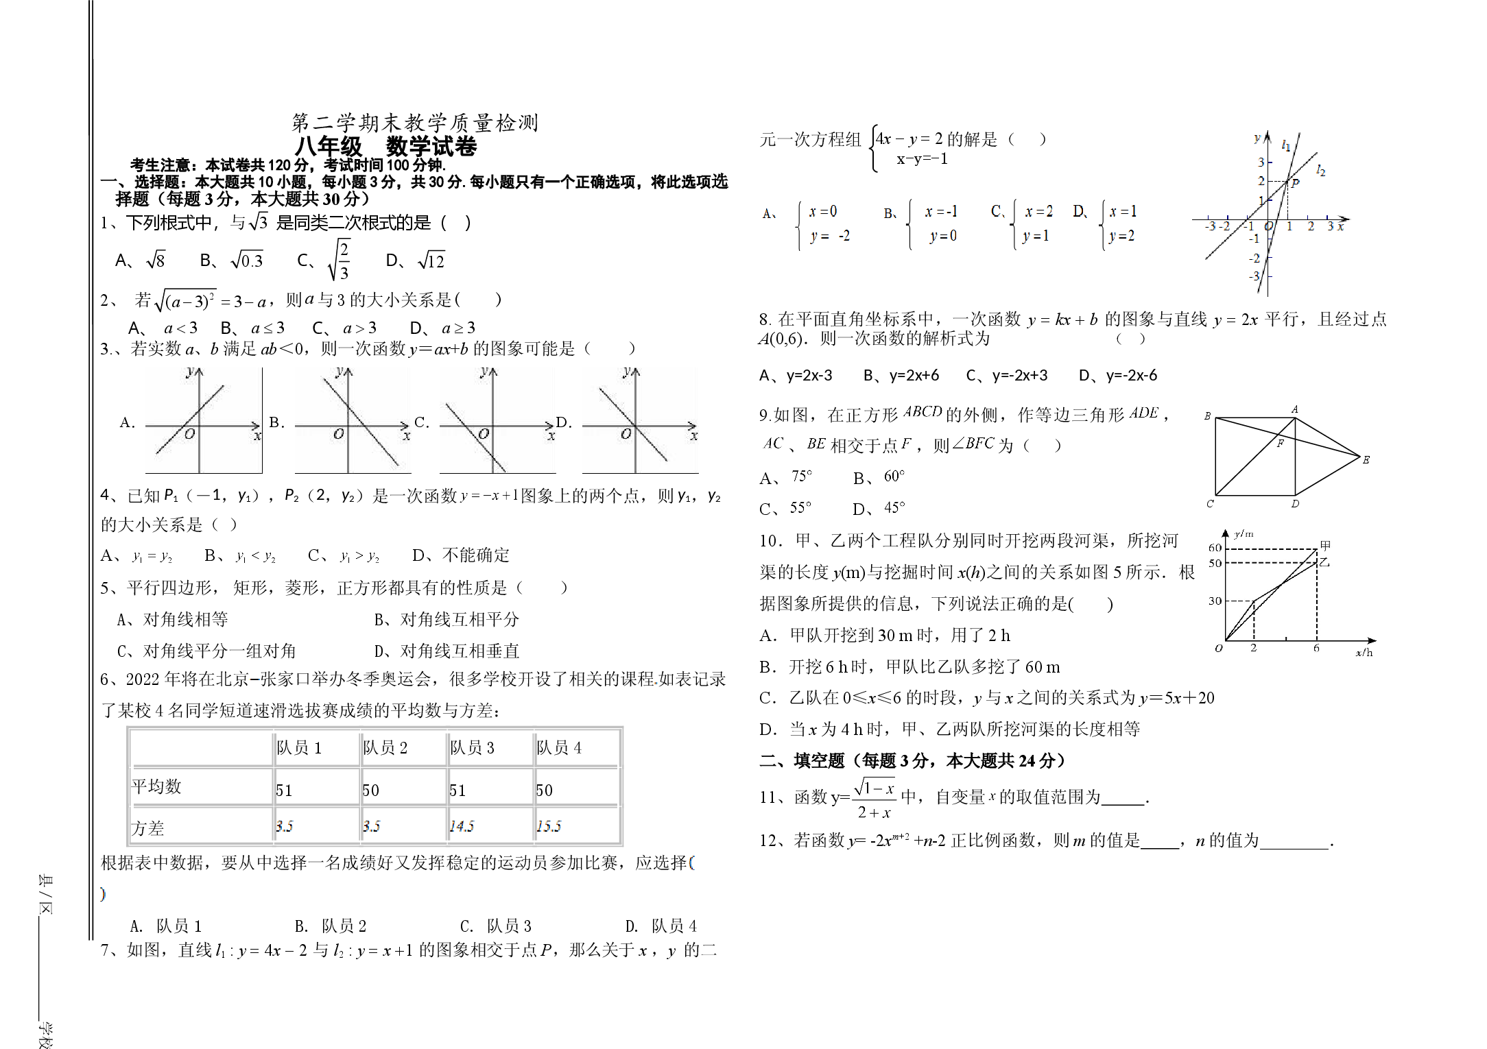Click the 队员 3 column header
472,747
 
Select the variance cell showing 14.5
462,826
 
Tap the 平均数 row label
156,786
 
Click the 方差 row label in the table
147,828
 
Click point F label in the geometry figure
1280,444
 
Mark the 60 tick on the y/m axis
1215,548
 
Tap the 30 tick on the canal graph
1215,601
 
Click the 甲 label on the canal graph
1325,545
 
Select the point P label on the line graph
1295,183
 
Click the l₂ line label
1321,170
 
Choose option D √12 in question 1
416,260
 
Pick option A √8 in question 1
140,260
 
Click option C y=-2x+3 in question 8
1007,375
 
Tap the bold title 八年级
329,146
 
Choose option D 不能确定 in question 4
461,555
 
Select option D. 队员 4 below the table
661,926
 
